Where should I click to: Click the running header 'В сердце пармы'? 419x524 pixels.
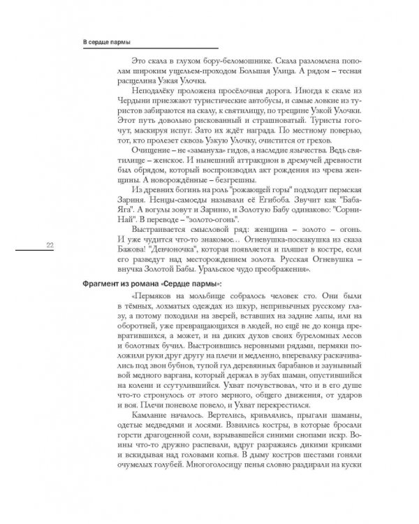[x=106, y=41]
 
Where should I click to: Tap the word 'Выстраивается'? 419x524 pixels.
[x=161, y=226]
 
